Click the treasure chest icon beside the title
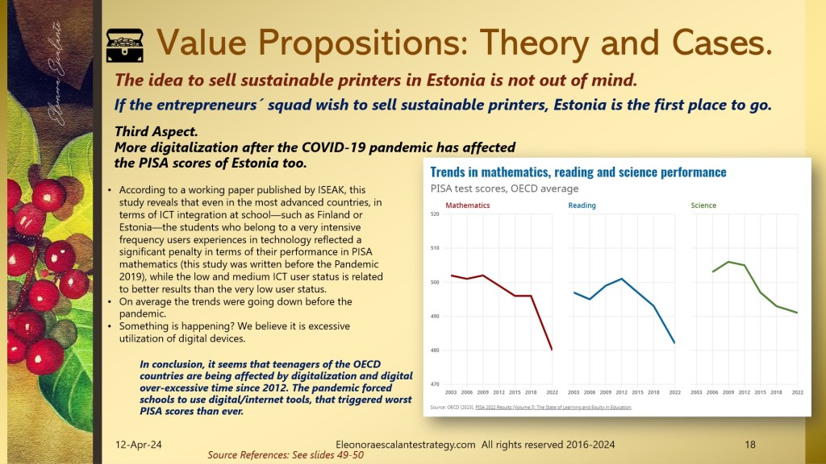click(124, 43)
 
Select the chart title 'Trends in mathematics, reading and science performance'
click(578, 172)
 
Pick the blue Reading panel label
click(582, 205)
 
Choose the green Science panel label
click(703, 205)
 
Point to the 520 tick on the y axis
click(434, 213)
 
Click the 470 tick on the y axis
click(434, 384)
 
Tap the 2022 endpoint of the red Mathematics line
click(552, 350)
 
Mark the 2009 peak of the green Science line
click(728, 262)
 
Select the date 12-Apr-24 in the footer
click(138, 444)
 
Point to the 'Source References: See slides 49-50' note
click(286, 455)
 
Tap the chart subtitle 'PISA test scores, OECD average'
click(504, 188)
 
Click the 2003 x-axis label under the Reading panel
click(574, 392)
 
